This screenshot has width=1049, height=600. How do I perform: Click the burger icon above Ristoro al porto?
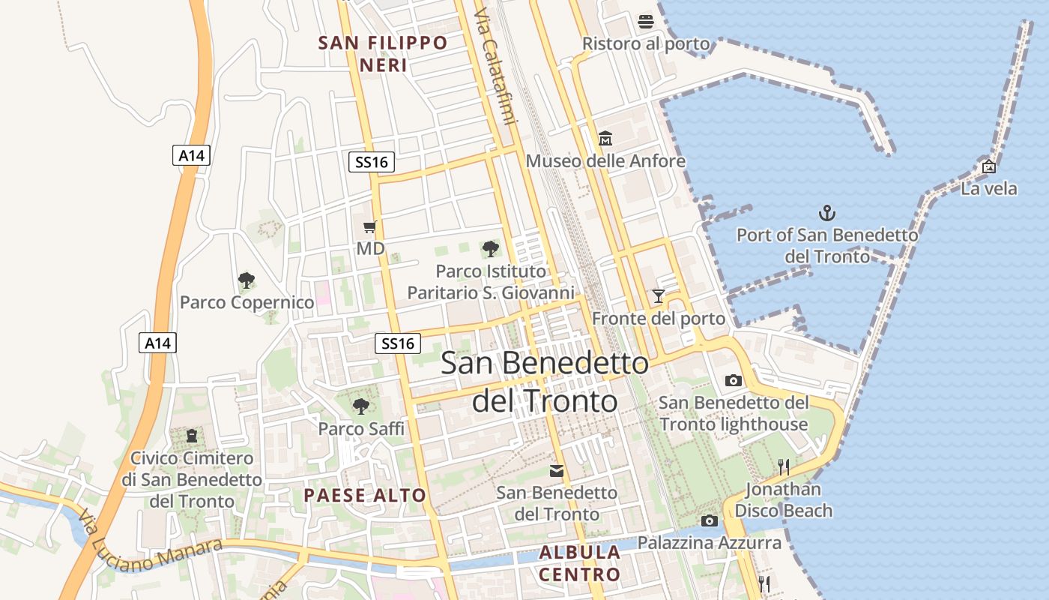tap(646, 22)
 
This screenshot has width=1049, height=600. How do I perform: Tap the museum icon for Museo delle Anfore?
tap(605, 139)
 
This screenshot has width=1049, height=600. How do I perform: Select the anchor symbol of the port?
tap(826, 213)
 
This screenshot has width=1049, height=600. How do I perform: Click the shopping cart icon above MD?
tap(369, 226)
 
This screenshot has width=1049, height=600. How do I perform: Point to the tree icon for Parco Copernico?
tap(246, 280)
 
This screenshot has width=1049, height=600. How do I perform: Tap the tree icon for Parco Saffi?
tap(361, 406)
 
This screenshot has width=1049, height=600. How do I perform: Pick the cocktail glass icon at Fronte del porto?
tap(659, 296)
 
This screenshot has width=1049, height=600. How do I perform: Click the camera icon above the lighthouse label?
tap(734, 380)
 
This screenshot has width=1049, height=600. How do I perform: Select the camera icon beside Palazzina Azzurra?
tap(710, 520)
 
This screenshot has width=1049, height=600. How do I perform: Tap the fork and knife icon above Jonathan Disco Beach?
tap(784, 467)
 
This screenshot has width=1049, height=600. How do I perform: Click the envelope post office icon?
tap(557, 471)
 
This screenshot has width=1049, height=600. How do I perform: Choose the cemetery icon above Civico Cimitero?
tap(192, 435)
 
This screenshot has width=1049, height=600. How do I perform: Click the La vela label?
tap(989, 188)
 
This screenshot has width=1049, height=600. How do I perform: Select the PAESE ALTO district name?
tap(365, 495)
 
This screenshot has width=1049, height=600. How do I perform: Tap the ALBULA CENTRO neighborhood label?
tap(580, 564)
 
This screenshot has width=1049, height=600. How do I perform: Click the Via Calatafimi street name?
tap(495, 67)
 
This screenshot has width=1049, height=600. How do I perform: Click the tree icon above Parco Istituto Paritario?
tap(491, 248)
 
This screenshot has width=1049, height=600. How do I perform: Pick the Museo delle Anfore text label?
tap(605, 161)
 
